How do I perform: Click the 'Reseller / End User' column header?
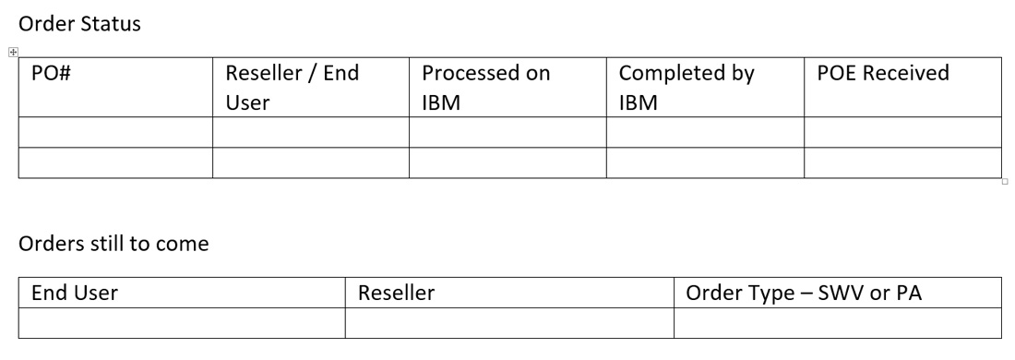292,88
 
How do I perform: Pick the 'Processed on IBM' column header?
485,88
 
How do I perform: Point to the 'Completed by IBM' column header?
687,88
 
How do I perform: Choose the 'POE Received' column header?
883,74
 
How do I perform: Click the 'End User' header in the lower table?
75,293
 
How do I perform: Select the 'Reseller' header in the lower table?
396,293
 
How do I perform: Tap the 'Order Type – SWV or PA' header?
805,293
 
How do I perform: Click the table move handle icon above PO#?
13,52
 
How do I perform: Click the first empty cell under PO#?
115,132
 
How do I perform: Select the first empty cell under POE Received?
902,132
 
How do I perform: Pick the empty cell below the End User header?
182,322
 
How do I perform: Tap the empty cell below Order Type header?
837,322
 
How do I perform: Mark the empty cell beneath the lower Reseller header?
509,322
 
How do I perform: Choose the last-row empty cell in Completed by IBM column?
705,162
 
